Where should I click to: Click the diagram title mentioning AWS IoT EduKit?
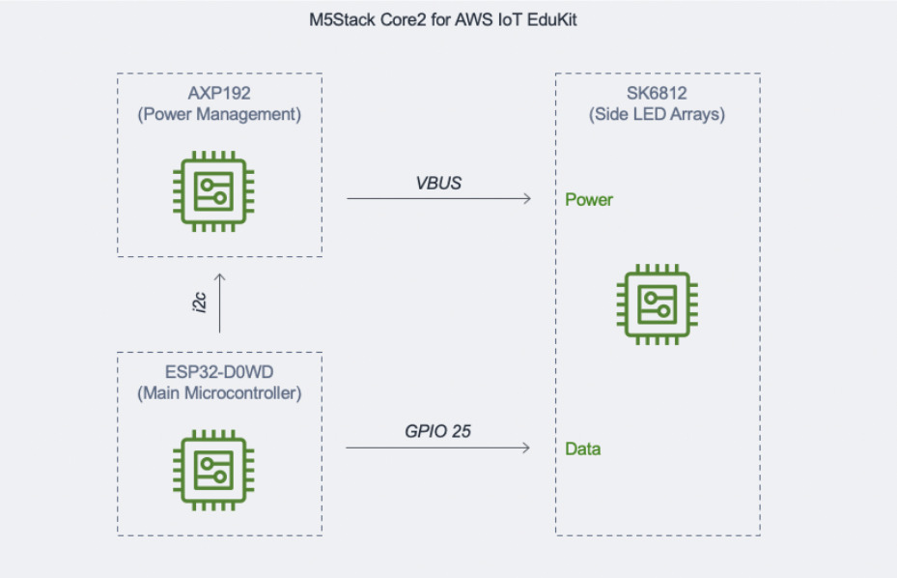coord(448,19)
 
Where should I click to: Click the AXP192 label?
coord(219,94)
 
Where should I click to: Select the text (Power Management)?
coord(219,114)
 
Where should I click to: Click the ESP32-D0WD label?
coord(219,373)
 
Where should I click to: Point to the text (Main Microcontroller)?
coord(219,392)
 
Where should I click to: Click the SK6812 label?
coord(657,94)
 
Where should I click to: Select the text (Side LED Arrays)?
coord(657,114)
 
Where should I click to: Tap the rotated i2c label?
coord(200,303)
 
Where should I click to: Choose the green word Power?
coord(589,200)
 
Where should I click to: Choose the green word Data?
coord(583,449)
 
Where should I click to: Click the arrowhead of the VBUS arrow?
coord(527,198)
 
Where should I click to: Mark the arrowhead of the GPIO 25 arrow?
coord(527,448)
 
